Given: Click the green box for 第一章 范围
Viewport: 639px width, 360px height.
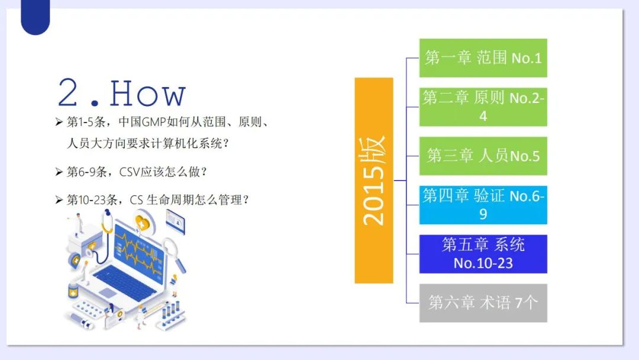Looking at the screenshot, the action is pos(483,58).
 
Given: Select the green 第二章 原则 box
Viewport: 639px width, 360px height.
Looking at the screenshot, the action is pos(483,107).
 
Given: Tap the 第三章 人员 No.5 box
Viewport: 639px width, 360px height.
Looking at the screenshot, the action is pos(483,156).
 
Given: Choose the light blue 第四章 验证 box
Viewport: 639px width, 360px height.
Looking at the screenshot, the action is pos(483,205).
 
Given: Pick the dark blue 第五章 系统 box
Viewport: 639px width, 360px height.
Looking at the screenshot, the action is pos(483,253).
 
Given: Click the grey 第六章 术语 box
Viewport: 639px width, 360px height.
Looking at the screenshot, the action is pos(483,303).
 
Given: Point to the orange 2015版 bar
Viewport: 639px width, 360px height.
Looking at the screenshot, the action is pos(374,180).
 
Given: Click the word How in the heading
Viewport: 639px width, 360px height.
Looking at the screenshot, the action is pos(147,94).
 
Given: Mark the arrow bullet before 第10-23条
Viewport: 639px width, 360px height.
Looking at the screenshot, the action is pos(59,200).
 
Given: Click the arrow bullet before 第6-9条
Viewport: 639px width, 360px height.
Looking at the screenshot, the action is pos(59,172).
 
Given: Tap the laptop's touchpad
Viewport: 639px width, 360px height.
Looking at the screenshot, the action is pos(108,292).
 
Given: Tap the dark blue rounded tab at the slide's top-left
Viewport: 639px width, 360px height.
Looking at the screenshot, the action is pos(35,17).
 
